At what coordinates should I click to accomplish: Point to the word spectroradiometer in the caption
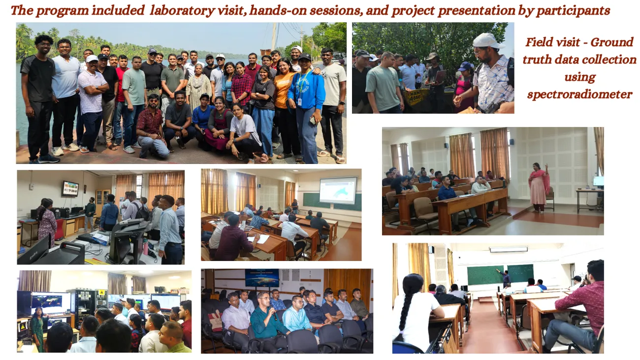tap(580, 95)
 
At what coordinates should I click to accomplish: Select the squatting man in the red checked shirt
tap(151, 126)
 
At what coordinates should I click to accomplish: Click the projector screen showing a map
tap(338, 190)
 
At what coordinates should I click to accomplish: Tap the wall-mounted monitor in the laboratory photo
tap(70, 188)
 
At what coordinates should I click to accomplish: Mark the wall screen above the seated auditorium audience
tap(261, 278)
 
